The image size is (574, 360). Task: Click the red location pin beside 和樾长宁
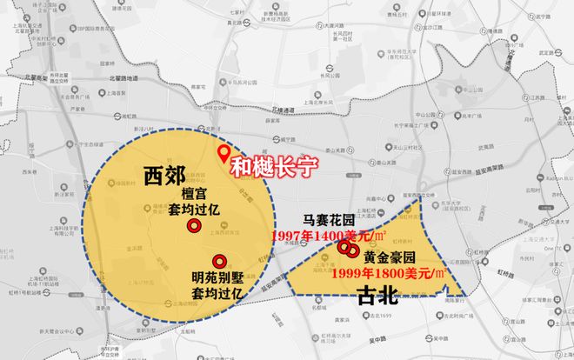point(224,155)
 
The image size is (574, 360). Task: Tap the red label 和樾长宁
point(273,166)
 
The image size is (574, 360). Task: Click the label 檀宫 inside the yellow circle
point(193,196)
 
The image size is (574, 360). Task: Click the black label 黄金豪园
point(389,257)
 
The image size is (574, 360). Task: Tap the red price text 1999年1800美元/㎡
point(389,273)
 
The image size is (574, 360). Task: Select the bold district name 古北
point(377,297)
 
